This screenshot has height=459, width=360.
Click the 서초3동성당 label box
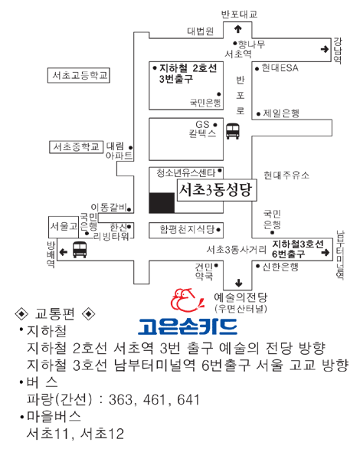(217, 190)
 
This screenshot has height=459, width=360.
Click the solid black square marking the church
(162, 202)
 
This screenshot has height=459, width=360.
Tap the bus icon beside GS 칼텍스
(233, 131)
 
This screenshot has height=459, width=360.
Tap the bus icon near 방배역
(80, 250)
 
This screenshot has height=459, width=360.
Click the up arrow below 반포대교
(238, 28)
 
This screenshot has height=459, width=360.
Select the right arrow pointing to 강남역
(325, 49)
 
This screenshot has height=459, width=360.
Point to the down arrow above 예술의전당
(239, 283)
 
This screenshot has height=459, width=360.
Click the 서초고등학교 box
(79, 76)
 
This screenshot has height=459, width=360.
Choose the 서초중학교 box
(76, 147)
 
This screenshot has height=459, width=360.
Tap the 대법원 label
(201, 31)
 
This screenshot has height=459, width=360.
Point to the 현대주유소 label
(286, 175)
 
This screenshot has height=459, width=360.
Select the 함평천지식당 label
(187, 229)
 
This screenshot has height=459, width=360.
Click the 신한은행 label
(280, 267)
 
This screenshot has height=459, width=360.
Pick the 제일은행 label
(281, 113)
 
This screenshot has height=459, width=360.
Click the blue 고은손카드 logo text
(188, 326)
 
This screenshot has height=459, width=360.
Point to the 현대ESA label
(280, 68)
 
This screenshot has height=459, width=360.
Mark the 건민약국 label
(205, 271)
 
